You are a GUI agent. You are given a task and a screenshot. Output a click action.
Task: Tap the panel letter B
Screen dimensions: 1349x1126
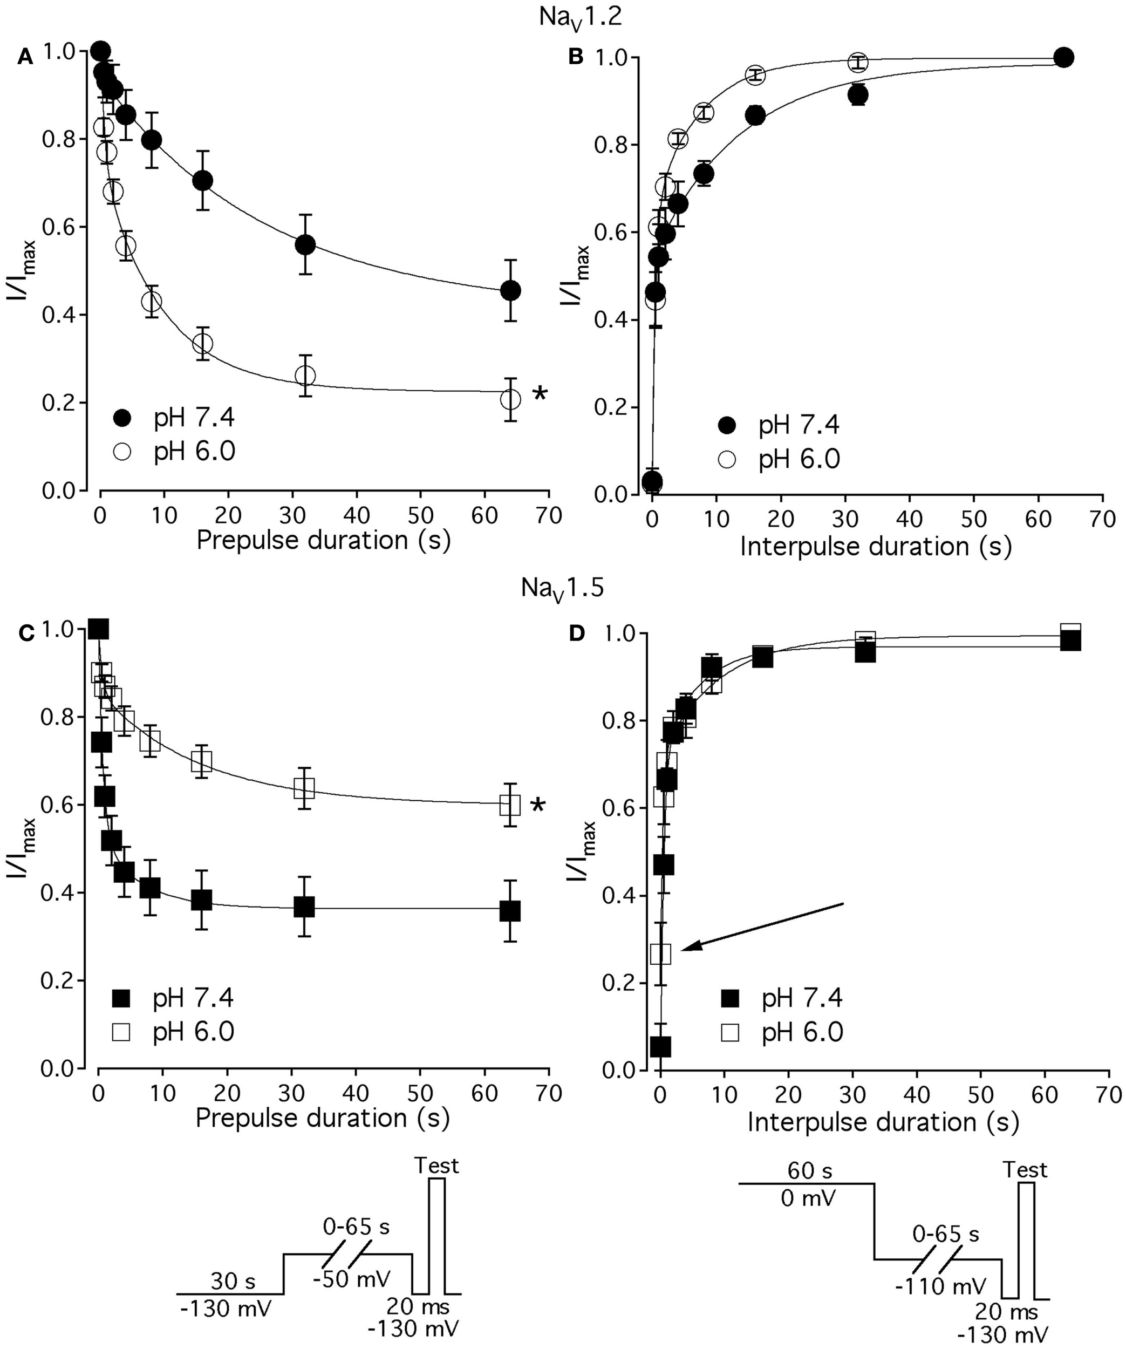click(576, 57)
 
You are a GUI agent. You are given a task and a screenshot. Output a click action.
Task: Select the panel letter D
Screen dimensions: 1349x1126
click(577, 633)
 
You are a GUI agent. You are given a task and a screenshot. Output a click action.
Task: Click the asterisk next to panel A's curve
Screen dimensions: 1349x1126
click(540, 394)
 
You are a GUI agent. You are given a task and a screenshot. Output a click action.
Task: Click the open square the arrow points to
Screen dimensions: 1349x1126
click(661, 953)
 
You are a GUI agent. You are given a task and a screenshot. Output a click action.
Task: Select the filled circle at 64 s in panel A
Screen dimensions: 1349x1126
click(510, 290)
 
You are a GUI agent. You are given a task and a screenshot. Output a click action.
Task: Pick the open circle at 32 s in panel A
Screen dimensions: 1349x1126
click(305, 376)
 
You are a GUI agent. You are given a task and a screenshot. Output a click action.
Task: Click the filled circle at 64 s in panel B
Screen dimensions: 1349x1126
click(1064, 57)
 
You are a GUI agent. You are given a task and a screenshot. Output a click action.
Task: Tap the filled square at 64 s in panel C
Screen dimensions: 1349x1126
click(509, 911)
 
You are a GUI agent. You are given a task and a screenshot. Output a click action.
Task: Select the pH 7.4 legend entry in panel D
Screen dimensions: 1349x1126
click(783, 998)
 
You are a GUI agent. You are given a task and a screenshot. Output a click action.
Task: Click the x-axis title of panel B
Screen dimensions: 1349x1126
click(876, 547)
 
